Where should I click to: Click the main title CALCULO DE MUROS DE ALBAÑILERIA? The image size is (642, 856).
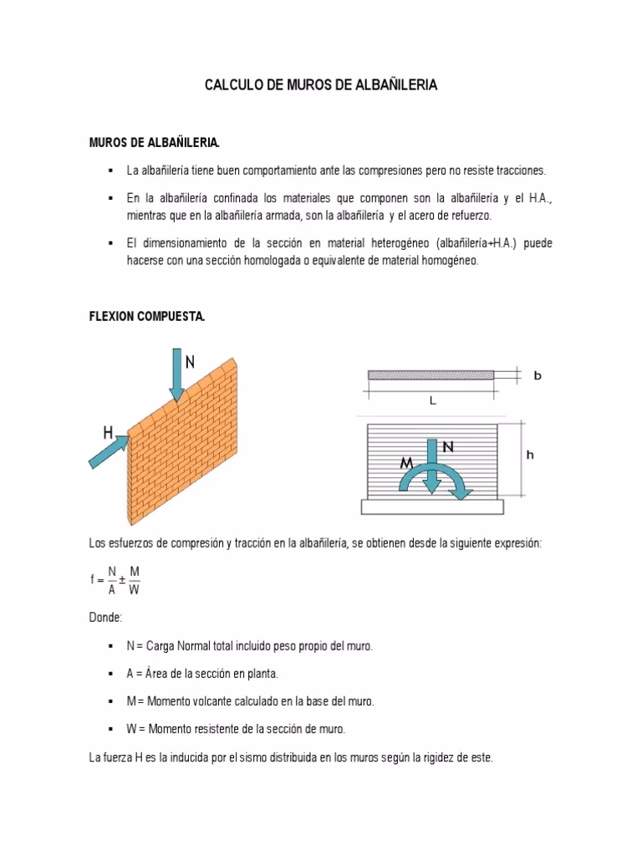point(321,85)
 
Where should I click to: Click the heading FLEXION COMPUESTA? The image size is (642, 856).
point(146,317)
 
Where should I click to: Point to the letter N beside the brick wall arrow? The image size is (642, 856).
point(191,362)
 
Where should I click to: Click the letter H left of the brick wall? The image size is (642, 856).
point(108,432)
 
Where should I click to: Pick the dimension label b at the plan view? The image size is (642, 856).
point(538,376)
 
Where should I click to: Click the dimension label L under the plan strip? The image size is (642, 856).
point(432,400)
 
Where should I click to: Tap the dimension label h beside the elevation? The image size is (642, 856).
point(530,456)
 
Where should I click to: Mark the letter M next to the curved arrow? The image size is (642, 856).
point(406,462)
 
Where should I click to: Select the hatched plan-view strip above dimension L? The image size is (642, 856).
point(431,375)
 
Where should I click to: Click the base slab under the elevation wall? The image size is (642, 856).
point(432,506)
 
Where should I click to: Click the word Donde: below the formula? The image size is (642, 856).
point(105,617)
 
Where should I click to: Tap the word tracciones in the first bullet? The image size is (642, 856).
point(519,171)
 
